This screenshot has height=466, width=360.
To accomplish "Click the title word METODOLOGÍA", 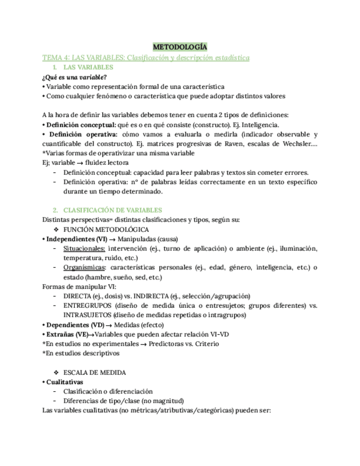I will pyautogui.click(x=180, y=47).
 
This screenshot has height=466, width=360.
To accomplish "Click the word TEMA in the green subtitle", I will pyautogui.click(x=53, y=57).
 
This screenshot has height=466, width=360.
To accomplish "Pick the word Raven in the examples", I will pyautogui.click(x=226, y=144).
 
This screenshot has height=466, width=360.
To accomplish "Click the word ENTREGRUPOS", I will pyautogui.click(x=87, y=306).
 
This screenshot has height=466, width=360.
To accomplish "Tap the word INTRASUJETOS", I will pyautogui.click(x=87, y=315).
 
